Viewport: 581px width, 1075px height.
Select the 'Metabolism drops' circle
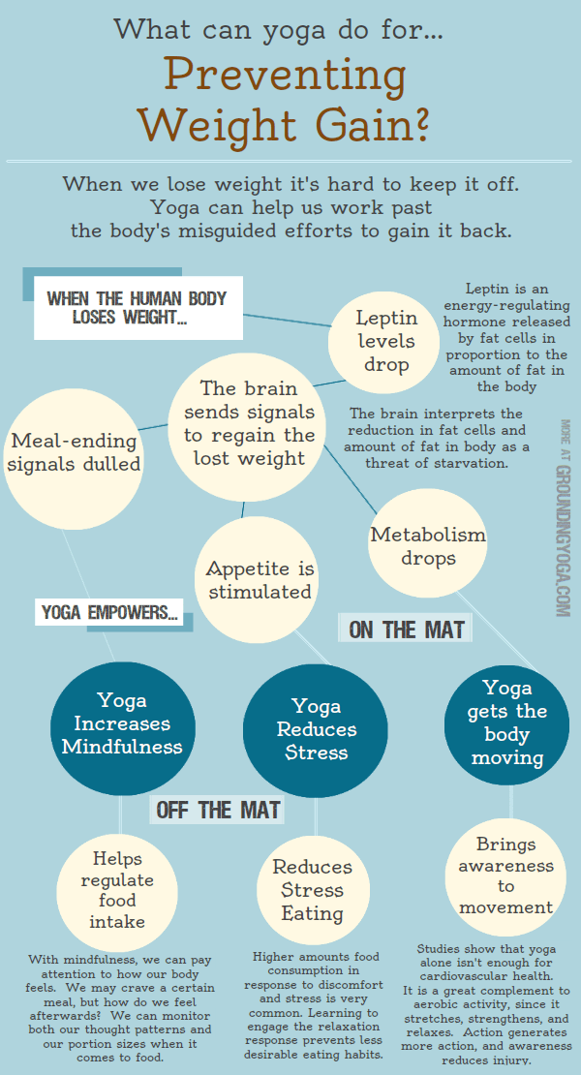(x=427, y=543)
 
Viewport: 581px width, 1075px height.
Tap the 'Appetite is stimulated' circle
(x=260, y=579)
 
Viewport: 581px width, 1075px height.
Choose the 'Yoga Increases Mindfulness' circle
(x=123, y=725)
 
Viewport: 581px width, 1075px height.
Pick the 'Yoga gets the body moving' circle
(x=506, y=724)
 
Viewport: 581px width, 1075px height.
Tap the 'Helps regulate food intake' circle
(x=117, y=890)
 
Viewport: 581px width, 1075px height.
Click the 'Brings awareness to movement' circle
(x=505, y=875)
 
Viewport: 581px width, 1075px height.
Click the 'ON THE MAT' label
(x=407, y=629)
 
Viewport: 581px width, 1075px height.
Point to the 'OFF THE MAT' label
(x=217, y=810)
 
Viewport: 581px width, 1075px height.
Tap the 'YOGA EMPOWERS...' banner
(x=108, y=612)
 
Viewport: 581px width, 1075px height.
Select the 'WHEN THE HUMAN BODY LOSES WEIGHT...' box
(x=138, y=308)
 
